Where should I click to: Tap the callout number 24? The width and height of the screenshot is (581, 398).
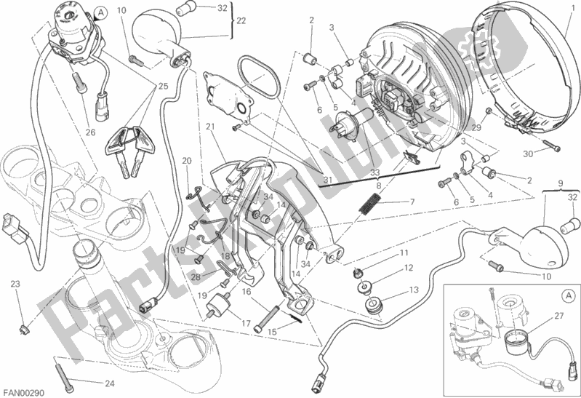coord(110,383)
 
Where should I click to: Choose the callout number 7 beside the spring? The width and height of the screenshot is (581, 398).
coord(412,202)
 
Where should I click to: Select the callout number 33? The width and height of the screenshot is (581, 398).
coord(376,173)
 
